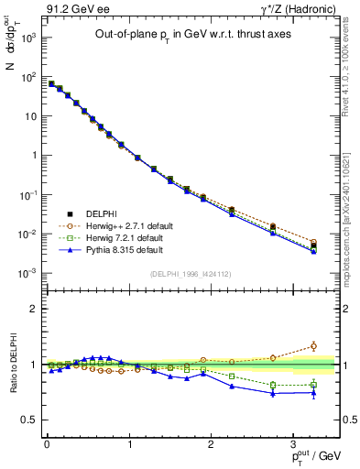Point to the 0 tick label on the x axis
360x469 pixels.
click(46, 445)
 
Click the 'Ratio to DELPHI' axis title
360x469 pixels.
click(12, 365)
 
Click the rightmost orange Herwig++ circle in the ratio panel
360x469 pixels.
click(313, 346)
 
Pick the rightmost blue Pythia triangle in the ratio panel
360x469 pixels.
click(313, 393)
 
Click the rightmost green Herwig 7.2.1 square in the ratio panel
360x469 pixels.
click(313, 384)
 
